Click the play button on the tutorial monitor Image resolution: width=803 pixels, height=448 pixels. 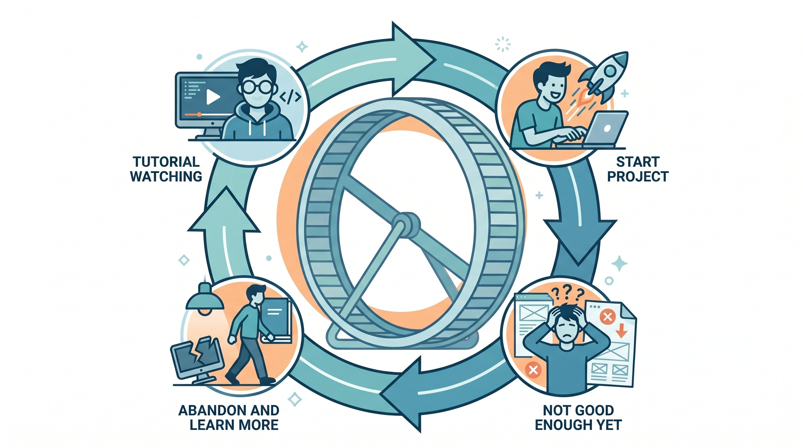[213, 97]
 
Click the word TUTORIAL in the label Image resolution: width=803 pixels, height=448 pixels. [166, 162]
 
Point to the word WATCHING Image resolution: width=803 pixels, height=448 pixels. [166, 176]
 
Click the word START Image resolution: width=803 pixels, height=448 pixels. [638, 162]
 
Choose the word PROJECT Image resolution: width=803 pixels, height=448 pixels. [638, 176]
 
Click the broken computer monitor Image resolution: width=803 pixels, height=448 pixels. [197, 361]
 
